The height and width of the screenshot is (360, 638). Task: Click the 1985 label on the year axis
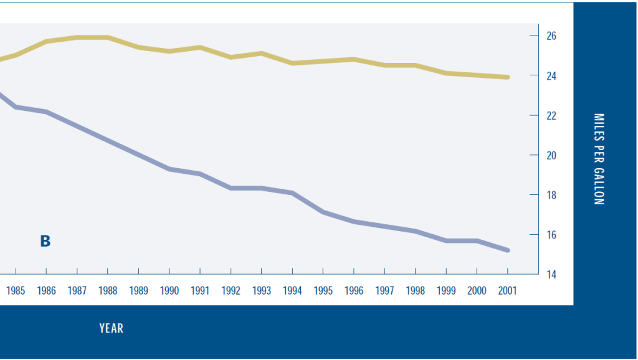(x=16, y=291)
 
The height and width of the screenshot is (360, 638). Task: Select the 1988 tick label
(x=108, y=291)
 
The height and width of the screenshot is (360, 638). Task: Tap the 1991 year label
(x=200, y=291)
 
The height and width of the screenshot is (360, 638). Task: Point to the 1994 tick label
(x=292, y=291)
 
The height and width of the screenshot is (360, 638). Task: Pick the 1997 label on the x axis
(x=384, y=291)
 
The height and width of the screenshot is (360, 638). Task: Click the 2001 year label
(x=508, y=291)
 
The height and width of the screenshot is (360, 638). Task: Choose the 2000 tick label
(x=477, y=291)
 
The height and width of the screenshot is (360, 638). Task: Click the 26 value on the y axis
(x=551, y=36)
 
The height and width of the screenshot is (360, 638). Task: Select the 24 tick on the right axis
(x=551, y=76)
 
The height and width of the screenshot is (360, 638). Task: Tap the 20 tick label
(x=551, y=156)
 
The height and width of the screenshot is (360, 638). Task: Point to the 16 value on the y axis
(x=551, y=235)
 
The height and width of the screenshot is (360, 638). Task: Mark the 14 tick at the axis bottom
(x=551, y=275)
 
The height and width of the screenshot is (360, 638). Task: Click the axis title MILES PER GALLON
(x=599, y=159)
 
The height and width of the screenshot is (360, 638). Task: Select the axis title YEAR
(x=112, y=328)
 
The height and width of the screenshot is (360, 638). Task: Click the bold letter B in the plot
(x=45, y=241)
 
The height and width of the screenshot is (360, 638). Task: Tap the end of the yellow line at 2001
(x=508, y=77)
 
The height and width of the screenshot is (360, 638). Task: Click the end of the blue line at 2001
(x=508, y=250)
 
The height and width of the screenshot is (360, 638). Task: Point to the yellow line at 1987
(x=77, y=37)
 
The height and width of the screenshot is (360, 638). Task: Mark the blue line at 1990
(x=169, y=169)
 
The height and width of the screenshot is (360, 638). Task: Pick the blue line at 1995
(x=323, y=212)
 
